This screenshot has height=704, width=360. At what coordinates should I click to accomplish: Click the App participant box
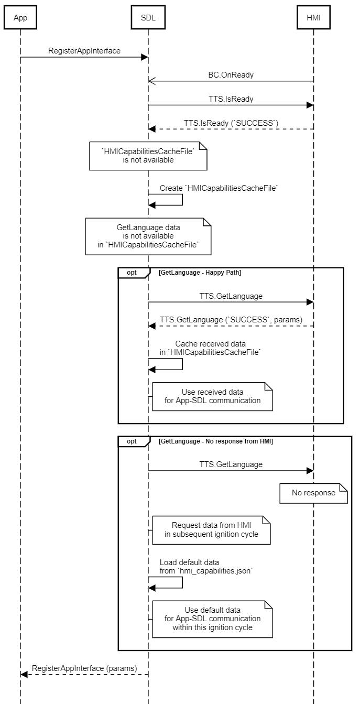click(x=20, y=18)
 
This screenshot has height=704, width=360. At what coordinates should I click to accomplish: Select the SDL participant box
click(x=148, y=18)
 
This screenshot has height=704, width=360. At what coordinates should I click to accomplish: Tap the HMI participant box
click(x=313, y=18)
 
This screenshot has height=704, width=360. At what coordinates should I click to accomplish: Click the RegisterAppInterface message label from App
click(x=84, y=51)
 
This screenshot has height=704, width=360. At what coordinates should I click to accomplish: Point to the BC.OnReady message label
click(x=231, y=75)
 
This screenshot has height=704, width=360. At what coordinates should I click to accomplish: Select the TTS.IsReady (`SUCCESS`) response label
click(x=231, y=123)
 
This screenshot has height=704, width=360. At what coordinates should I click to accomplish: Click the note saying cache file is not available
click(x=148, y=156)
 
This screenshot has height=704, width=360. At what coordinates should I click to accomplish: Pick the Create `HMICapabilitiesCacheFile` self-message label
click(x=219, y=188)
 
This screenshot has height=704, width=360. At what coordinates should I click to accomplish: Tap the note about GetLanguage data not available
click(x=148, y=236)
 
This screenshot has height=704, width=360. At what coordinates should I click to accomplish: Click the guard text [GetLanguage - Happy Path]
click(x=200, y=273)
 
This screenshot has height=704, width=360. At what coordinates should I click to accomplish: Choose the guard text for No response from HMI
click(x=215, y=441)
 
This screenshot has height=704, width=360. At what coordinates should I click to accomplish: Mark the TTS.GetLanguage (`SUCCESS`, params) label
click(x=231, y=319)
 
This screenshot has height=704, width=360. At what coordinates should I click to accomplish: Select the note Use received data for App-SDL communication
click(x=213, y=396)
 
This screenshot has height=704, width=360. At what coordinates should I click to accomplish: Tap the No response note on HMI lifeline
click(x=313, y=493)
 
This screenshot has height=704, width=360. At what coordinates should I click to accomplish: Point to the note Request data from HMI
click(x=212, y=529)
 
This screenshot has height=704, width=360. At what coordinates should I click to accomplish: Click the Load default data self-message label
click(x=206, y=566)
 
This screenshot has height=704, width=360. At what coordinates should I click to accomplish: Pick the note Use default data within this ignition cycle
click(x=213, y=619)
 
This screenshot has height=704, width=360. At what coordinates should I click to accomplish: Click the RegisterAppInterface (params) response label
click(x=84, y=668)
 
